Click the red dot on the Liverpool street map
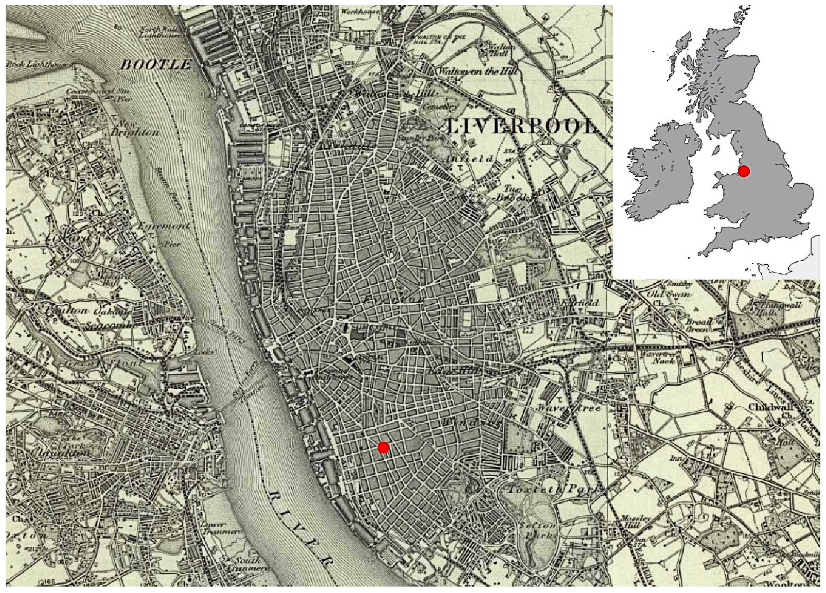(x=383, y=447)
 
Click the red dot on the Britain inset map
(x=743, y=171)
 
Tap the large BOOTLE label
(x=156, y=65)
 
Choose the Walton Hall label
(x=503, y=50)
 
